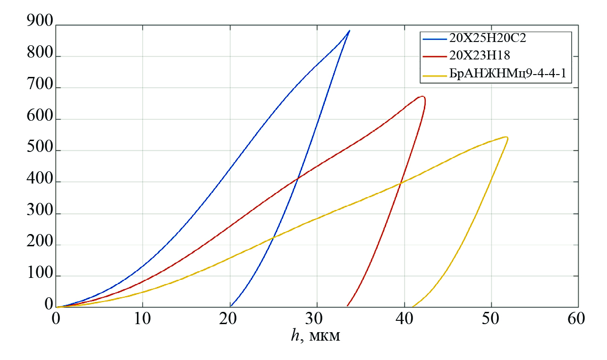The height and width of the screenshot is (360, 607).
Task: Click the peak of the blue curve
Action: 349,31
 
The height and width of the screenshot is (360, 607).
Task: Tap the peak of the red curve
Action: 422,97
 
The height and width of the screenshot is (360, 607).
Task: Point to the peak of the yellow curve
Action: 506,137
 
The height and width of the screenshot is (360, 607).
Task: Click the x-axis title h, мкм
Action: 316,336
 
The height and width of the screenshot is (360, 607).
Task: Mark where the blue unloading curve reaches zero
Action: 231,306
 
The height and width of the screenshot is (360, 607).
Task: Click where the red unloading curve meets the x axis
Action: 347,306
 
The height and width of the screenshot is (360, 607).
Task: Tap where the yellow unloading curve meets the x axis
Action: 413,306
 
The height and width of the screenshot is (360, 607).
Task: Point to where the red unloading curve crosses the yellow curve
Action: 401,183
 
